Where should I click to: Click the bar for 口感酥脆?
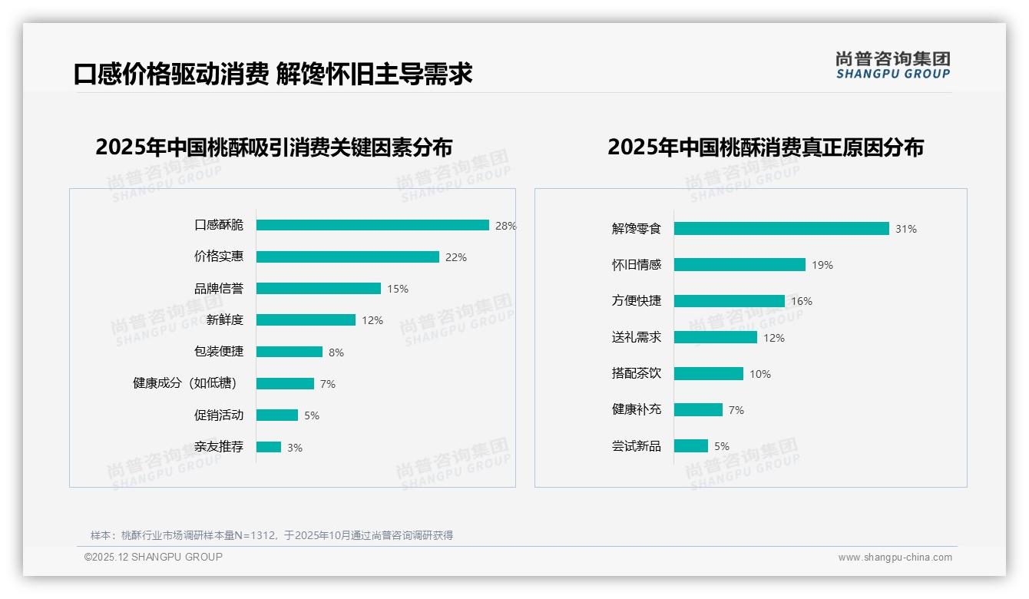[372, 225]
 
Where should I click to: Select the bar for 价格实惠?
[347, 257]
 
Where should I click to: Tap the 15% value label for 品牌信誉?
[398, 289]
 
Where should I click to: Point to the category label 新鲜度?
[224, 320]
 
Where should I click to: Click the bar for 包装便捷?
[290, 352]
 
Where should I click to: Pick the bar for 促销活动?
[276, 415]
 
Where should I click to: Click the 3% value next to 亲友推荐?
[295, 448]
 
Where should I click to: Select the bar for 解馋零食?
[781, 229]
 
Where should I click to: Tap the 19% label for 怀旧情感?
[822, 265]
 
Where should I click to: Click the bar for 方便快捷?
[729, 301]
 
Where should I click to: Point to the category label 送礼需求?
[636, 337]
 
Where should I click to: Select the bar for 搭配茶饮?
[708, 374]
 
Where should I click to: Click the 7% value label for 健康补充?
[736, 410]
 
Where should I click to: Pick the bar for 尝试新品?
[690, 446]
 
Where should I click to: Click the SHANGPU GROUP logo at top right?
[892, 65]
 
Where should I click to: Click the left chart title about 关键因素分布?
[274, 147]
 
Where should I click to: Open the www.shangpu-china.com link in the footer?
[895, 558]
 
